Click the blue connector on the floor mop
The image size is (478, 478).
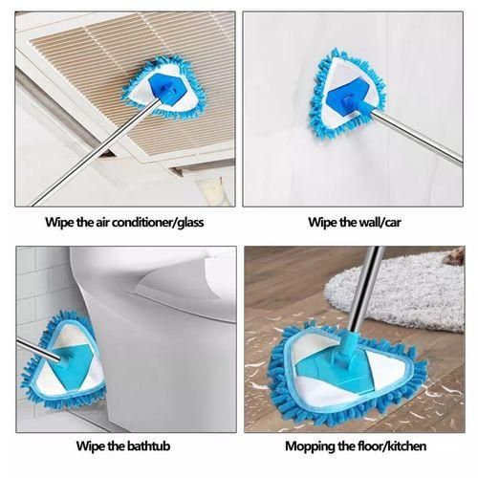pyautogui.click(x=335, y=368)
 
